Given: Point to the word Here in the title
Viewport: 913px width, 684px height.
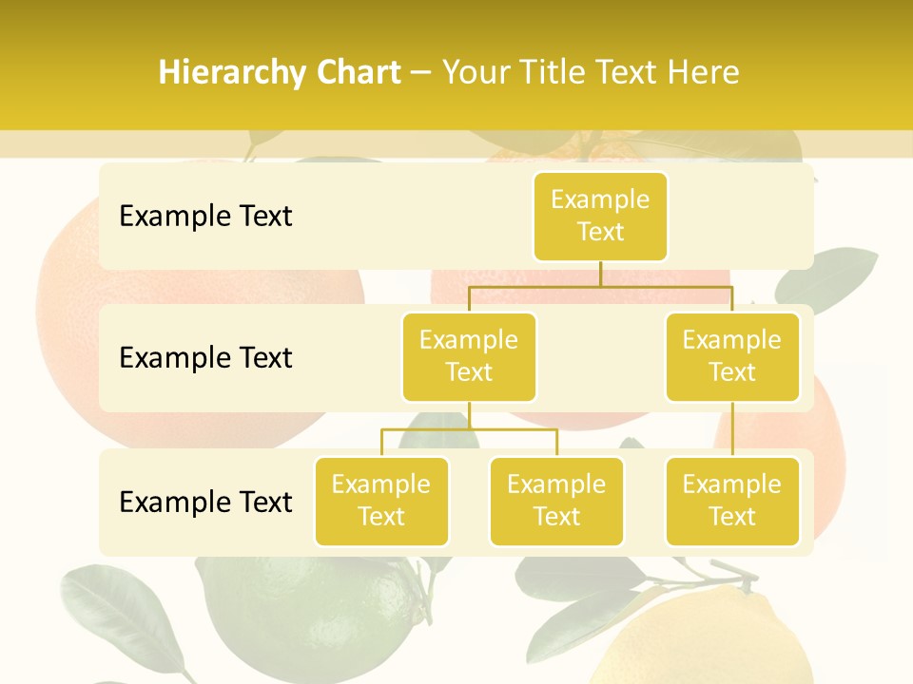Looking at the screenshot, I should pos(704,72).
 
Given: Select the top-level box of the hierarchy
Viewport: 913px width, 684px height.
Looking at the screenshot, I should pos(600,216).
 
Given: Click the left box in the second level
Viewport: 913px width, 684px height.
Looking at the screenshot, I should pos(469,356).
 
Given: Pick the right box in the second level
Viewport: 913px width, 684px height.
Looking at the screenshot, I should pos(732,356).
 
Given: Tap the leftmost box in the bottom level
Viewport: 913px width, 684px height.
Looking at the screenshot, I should pos(381,501).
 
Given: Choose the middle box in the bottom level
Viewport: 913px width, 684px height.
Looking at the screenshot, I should pos(556,501).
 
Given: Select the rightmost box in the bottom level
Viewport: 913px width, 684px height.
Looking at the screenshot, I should pos(732,501).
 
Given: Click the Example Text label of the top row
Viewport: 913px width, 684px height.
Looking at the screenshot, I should pos(205,216).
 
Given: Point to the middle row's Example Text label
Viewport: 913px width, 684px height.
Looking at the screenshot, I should pos(205,357).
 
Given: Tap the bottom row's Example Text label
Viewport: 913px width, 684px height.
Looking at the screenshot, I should pos(205,502).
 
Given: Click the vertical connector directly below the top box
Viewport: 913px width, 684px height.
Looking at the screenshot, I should pos(600,274).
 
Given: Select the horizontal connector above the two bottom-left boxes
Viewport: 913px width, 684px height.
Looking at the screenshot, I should pos(469,429).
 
